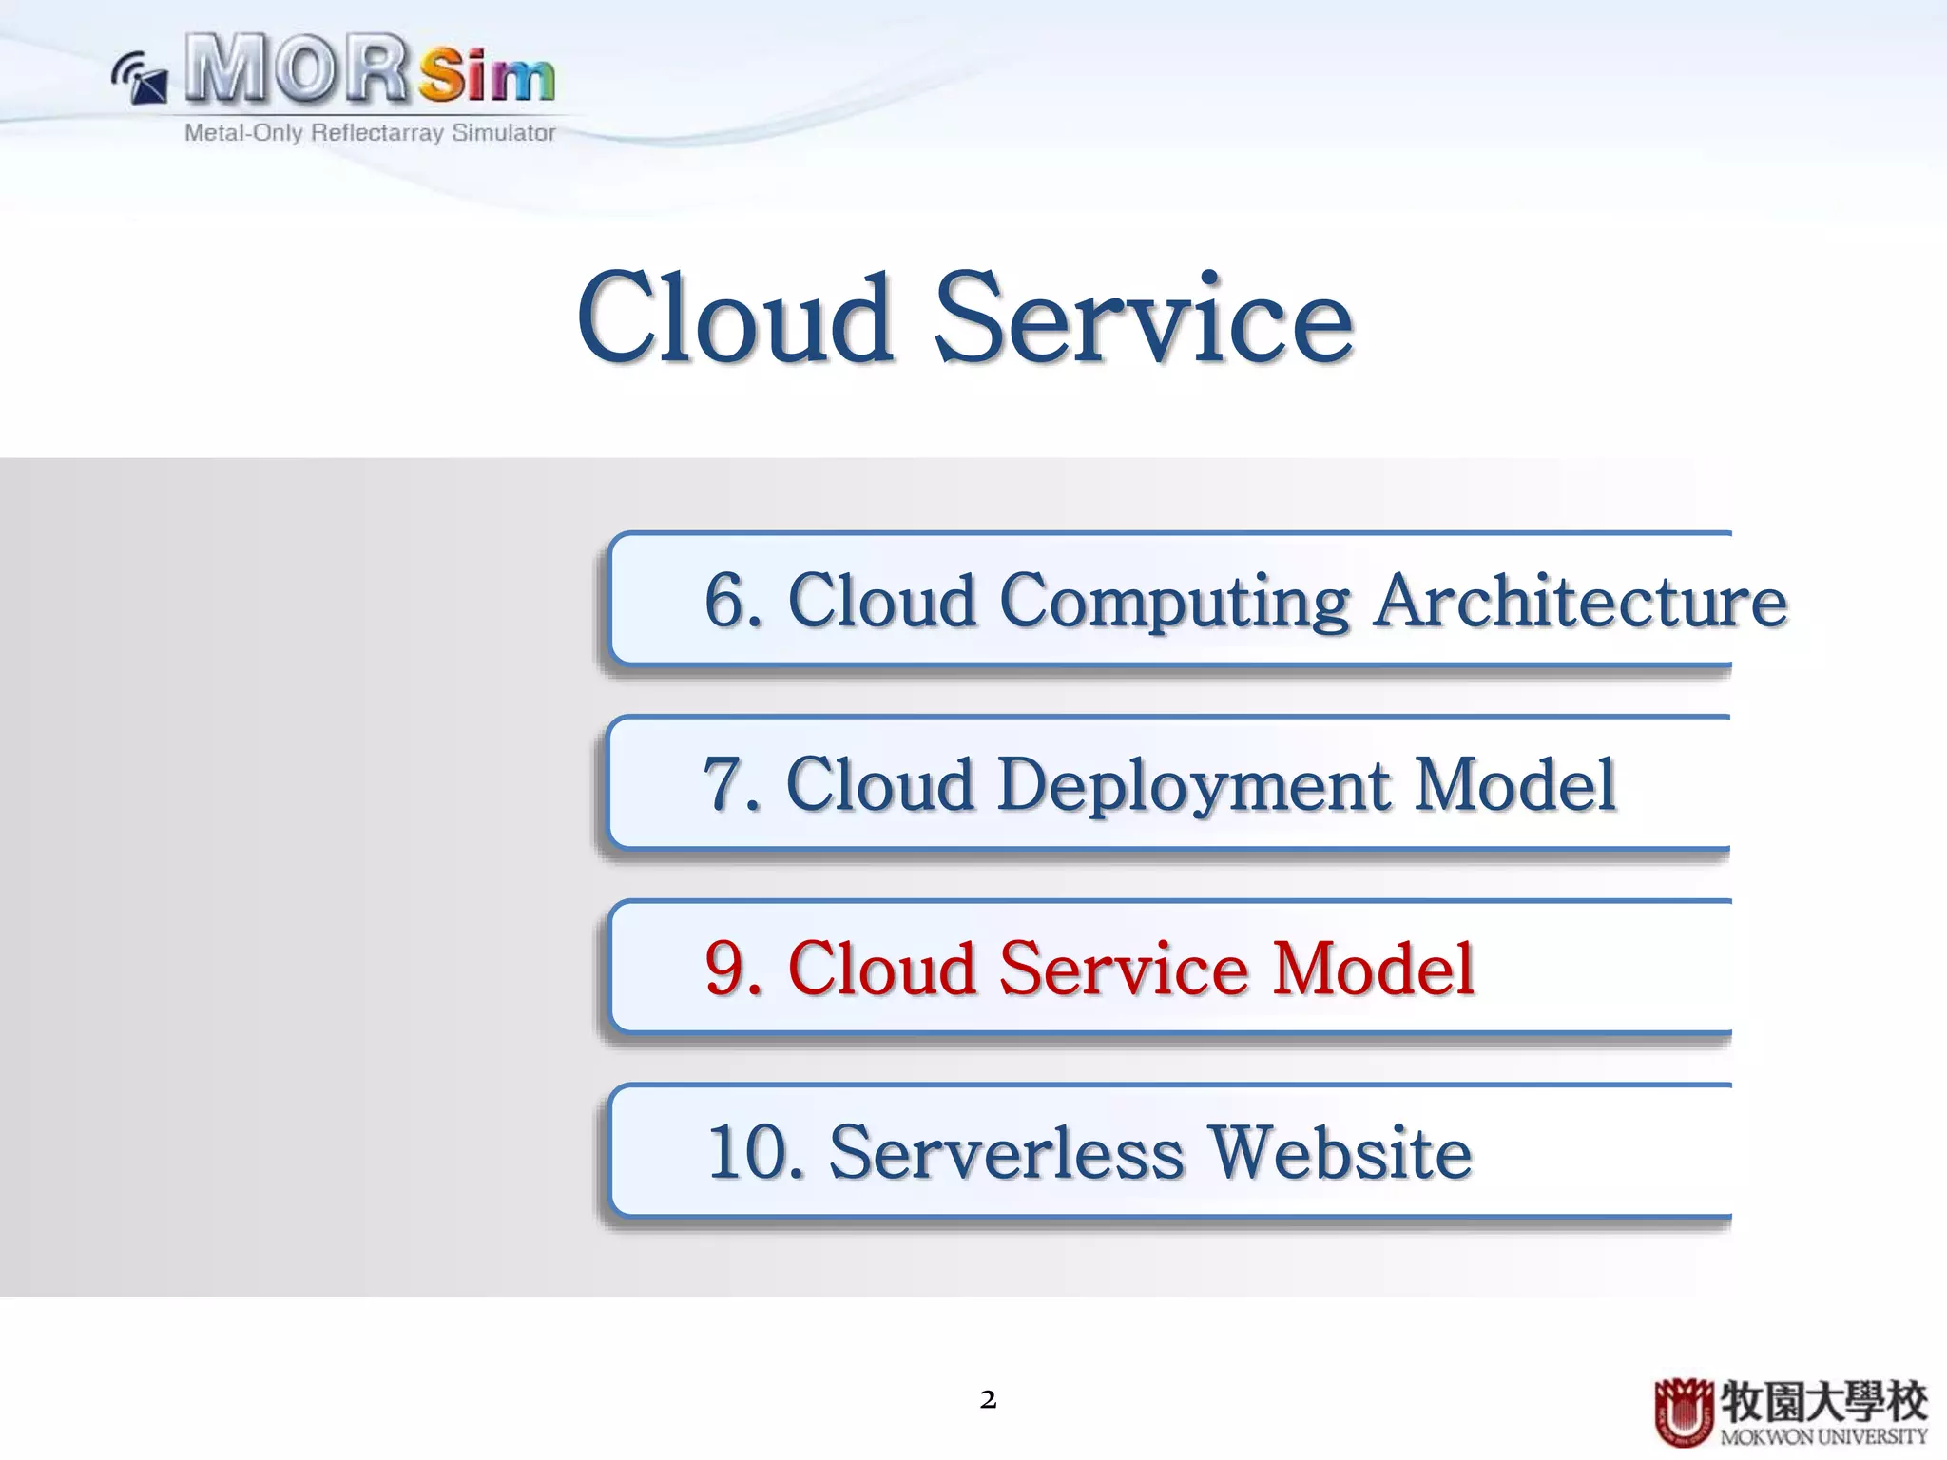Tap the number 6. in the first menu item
733,601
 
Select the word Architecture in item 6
1580,601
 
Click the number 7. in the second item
731,784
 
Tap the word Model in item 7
1515,784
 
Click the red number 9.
733,969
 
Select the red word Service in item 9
1124,969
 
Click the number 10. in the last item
757,1152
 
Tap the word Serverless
1006,1152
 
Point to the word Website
1340,1152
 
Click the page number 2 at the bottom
988,1399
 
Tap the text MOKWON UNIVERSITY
1822,1436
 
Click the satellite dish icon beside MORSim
140,78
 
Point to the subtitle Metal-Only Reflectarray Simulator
370,132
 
